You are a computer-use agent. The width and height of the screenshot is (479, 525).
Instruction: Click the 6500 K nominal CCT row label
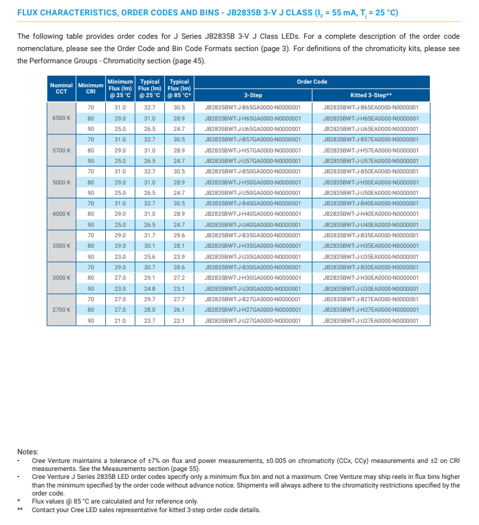click(x=61, y=118)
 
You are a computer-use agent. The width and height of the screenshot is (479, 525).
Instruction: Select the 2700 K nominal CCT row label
click(x=61, y=310)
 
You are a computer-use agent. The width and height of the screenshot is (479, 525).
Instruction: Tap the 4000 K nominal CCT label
click(x=61, y=214)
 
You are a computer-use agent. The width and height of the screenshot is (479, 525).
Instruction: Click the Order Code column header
click(x=312, y=82)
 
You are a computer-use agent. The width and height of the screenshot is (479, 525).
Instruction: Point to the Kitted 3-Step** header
click(x=371, y=95)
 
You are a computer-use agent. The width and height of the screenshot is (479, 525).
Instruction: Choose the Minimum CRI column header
click(x=90, y=88)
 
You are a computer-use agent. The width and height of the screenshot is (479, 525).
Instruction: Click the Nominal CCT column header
click(x=61, y=88)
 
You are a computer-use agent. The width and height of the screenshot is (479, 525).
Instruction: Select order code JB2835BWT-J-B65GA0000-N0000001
click(x=253, y=108)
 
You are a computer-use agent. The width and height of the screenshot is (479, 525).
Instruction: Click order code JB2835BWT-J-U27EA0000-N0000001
click(x=371, y=321)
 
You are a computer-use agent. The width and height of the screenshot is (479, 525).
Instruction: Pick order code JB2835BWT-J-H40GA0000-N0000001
click(x=253, y=214)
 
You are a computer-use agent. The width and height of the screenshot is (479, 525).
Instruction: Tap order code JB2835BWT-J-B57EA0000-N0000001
click(x=371, y=140)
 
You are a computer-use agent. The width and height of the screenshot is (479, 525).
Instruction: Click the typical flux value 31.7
click(x=149, y=235)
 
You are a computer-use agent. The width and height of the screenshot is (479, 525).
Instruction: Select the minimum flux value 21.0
click(x=120, y=321)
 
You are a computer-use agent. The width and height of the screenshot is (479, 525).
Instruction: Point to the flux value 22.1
click(x=179, y=321)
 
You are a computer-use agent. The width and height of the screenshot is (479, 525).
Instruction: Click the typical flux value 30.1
click(x=149, y=246)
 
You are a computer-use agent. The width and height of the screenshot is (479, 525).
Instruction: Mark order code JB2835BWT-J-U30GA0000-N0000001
click(x=253, y=289)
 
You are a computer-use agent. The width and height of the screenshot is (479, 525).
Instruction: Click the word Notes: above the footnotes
click(x=28, y=452)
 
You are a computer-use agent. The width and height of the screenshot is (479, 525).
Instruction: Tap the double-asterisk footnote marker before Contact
click(x=20, y=510)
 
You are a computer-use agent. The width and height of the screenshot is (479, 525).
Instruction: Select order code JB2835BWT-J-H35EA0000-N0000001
click(x=371, y=246)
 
